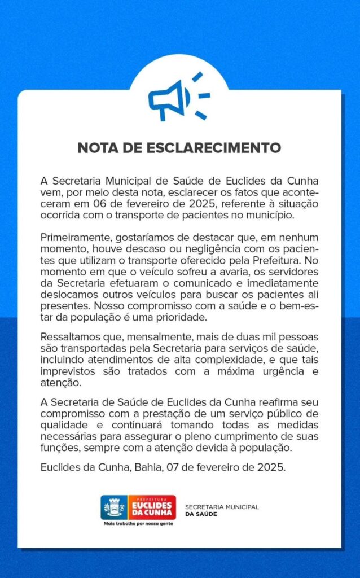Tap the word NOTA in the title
pyautogui.click(x=97, y=148)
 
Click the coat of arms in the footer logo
pyautogui.click(x=114, y=507)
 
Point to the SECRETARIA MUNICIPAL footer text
pyautogui.click(x=222, y=507)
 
